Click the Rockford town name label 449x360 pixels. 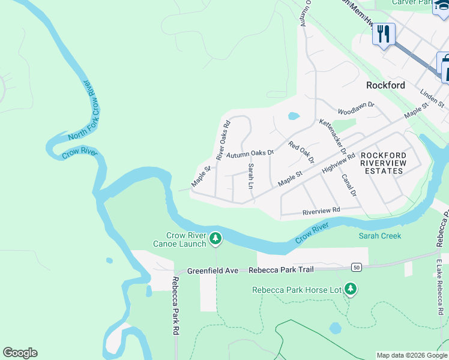point(385,85)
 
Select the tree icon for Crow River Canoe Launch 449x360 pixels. point(215,239)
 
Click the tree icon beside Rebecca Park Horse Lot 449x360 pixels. point(351,290)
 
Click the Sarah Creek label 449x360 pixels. point(379,236)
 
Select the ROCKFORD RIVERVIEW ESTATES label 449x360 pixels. point(384,163)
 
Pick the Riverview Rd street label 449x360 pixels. point(321,211)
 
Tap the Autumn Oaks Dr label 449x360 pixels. point(250,154)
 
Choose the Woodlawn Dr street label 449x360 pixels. point(355,108)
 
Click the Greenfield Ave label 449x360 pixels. point(212,271)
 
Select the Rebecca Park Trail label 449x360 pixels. point(285,271)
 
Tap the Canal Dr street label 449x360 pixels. point(349,185)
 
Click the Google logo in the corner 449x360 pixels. point(20,353)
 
